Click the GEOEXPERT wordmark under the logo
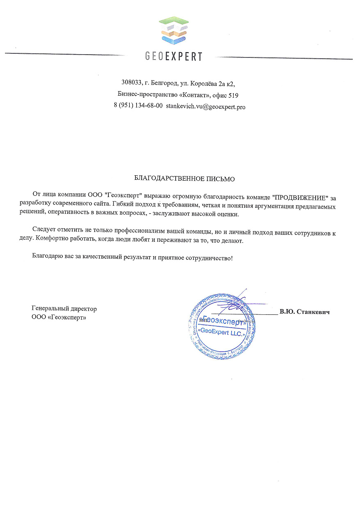click(174, 57)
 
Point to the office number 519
click(233, 95)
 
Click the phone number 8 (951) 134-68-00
click(138, 106)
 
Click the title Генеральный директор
click(64, 308)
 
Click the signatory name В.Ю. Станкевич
click(305, 312)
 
